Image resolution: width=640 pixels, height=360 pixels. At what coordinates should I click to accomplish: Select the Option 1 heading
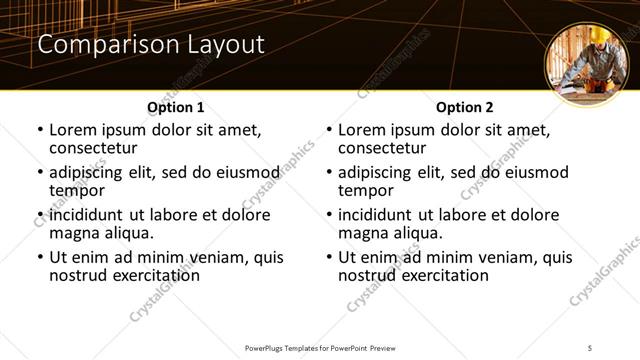pos(176,106)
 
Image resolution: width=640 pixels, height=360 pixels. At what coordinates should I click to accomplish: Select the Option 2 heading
pos(465,106)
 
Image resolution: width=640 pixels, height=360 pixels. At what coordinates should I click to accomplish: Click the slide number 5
pos(590,347)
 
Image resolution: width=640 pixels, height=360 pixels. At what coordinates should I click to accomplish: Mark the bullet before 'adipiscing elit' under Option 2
pos(329,173)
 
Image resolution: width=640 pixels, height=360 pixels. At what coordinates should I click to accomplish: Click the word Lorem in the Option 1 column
pos(74,130)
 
